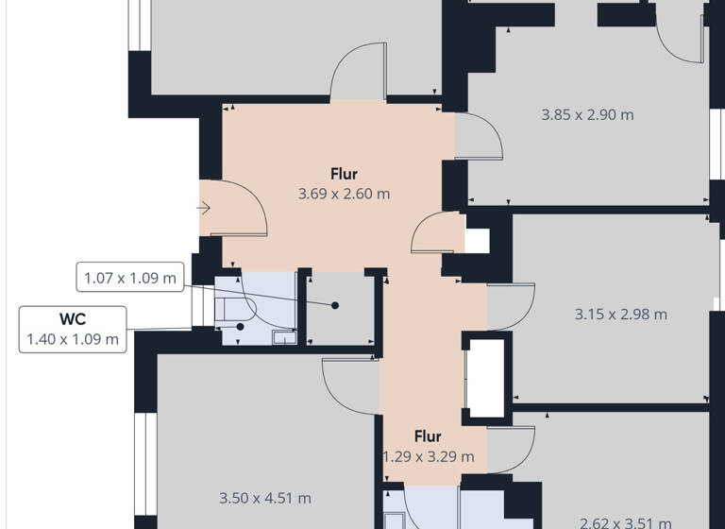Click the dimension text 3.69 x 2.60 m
pos(344,194)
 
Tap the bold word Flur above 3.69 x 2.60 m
pos(344,174)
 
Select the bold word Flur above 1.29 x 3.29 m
pos(428,436)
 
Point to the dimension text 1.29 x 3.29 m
pos(428,457)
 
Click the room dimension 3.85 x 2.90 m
pos(587,115)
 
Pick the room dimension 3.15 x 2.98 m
pos(620,314)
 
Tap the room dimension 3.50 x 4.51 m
pos(264,498)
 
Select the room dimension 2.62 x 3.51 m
pos(626,522)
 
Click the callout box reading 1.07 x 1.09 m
pos(130,278)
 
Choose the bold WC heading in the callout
pos(73,319)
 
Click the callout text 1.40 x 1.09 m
pos(73,339)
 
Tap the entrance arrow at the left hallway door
pos(204,208)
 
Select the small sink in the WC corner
pos(282,334)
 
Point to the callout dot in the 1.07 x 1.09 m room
pos(335,305)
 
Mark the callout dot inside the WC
pos(241,326)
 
